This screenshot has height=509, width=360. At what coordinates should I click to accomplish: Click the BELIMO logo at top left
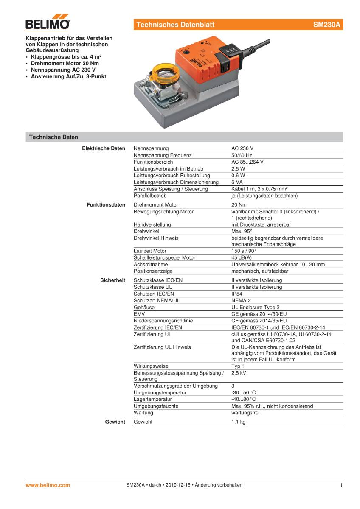point(48,24)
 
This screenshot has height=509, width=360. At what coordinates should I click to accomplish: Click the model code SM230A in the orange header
point(326,25)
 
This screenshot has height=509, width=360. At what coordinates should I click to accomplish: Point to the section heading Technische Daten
point(53,137)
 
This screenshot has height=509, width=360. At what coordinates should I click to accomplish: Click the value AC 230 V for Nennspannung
point(242,148)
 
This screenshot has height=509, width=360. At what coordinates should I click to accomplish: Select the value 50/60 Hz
point(242,155)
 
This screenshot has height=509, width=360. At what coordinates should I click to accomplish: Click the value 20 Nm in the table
point(239,205)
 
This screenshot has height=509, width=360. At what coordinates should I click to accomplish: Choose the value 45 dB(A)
point(242,257)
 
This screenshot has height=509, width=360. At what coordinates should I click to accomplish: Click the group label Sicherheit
point(112,280)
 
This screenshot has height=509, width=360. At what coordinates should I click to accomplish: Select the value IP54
point(237,294)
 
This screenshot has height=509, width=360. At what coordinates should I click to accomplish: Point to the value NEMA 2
point(241,301)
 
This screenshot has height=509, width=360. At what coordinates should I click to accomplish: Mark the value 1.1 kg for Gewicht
point(239,422)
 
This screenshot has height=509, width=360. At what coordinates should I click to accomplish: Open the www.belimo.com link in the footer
point(48,485)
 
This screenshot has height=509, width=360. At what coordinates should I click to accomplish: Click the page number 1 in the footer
point(341,485)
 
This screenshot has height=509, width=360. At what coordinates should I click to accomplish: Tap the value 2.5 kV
point(239,373)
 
